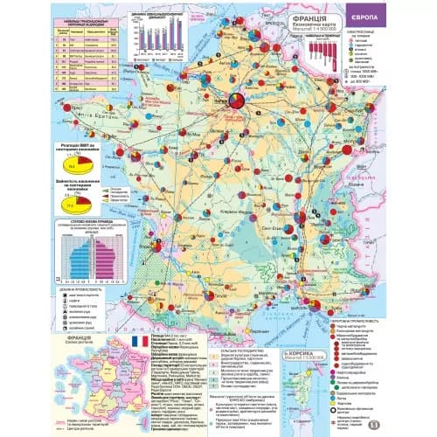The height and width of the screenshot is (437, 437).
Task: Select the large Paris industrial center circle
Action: click(x=238, y=103)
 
